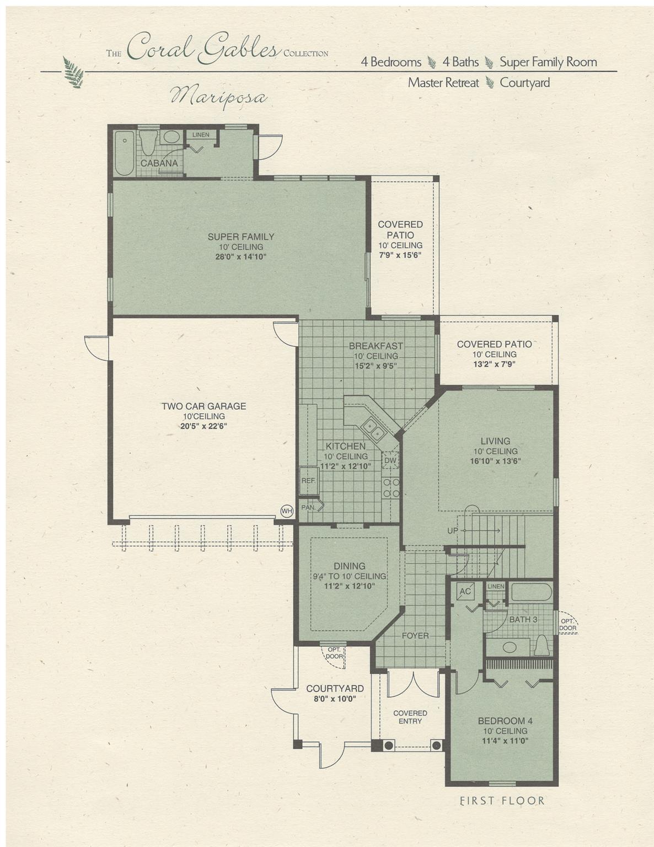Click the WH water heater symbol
(x=287, y=511)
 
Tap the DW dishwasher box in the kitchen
(x=390, y=460)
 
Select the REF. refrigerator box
(x=308, y=480)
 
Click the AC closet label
(x=465, y=591)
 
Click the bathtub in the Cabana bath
(x=125, y=153)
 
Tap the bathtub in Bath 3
(x=531, y=592)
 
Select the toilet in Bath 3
(x=542, y=645)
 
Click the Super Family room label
(x=241, y=237)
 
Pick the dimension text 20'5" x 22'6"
(x=203, y=426)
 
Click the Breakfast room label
(x=376, y=346)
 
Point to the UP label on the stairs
(x=453, y=530)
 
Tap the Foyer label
(x=415, y=635)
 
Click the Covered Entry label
(x=410, y=717)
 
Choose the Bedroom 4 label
(x=505, y=721)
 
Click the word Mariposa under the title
(x=219, y=97)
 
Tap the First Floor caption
(x=502, y=801)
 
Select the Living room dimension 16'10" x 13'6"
(x=495, y=461)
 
